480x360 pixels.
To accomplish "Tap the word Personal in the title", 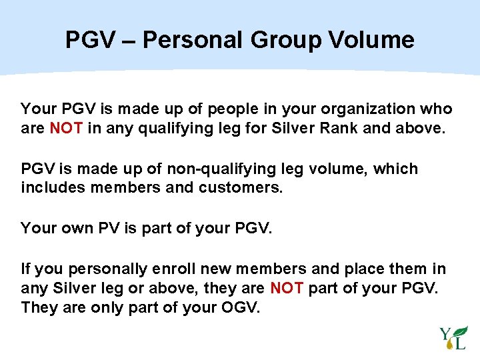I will point(193,40).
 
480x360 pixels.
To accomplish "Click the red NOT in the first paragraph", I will point(65,127).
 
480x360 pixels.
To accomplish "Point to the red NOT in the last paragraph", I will point(287,288).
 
